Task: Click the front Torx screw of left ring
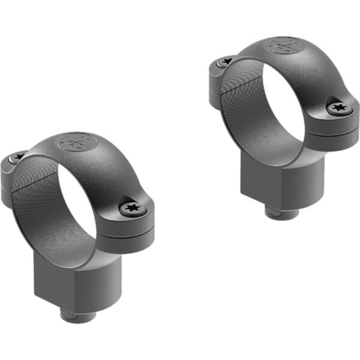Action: point(131,208)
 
